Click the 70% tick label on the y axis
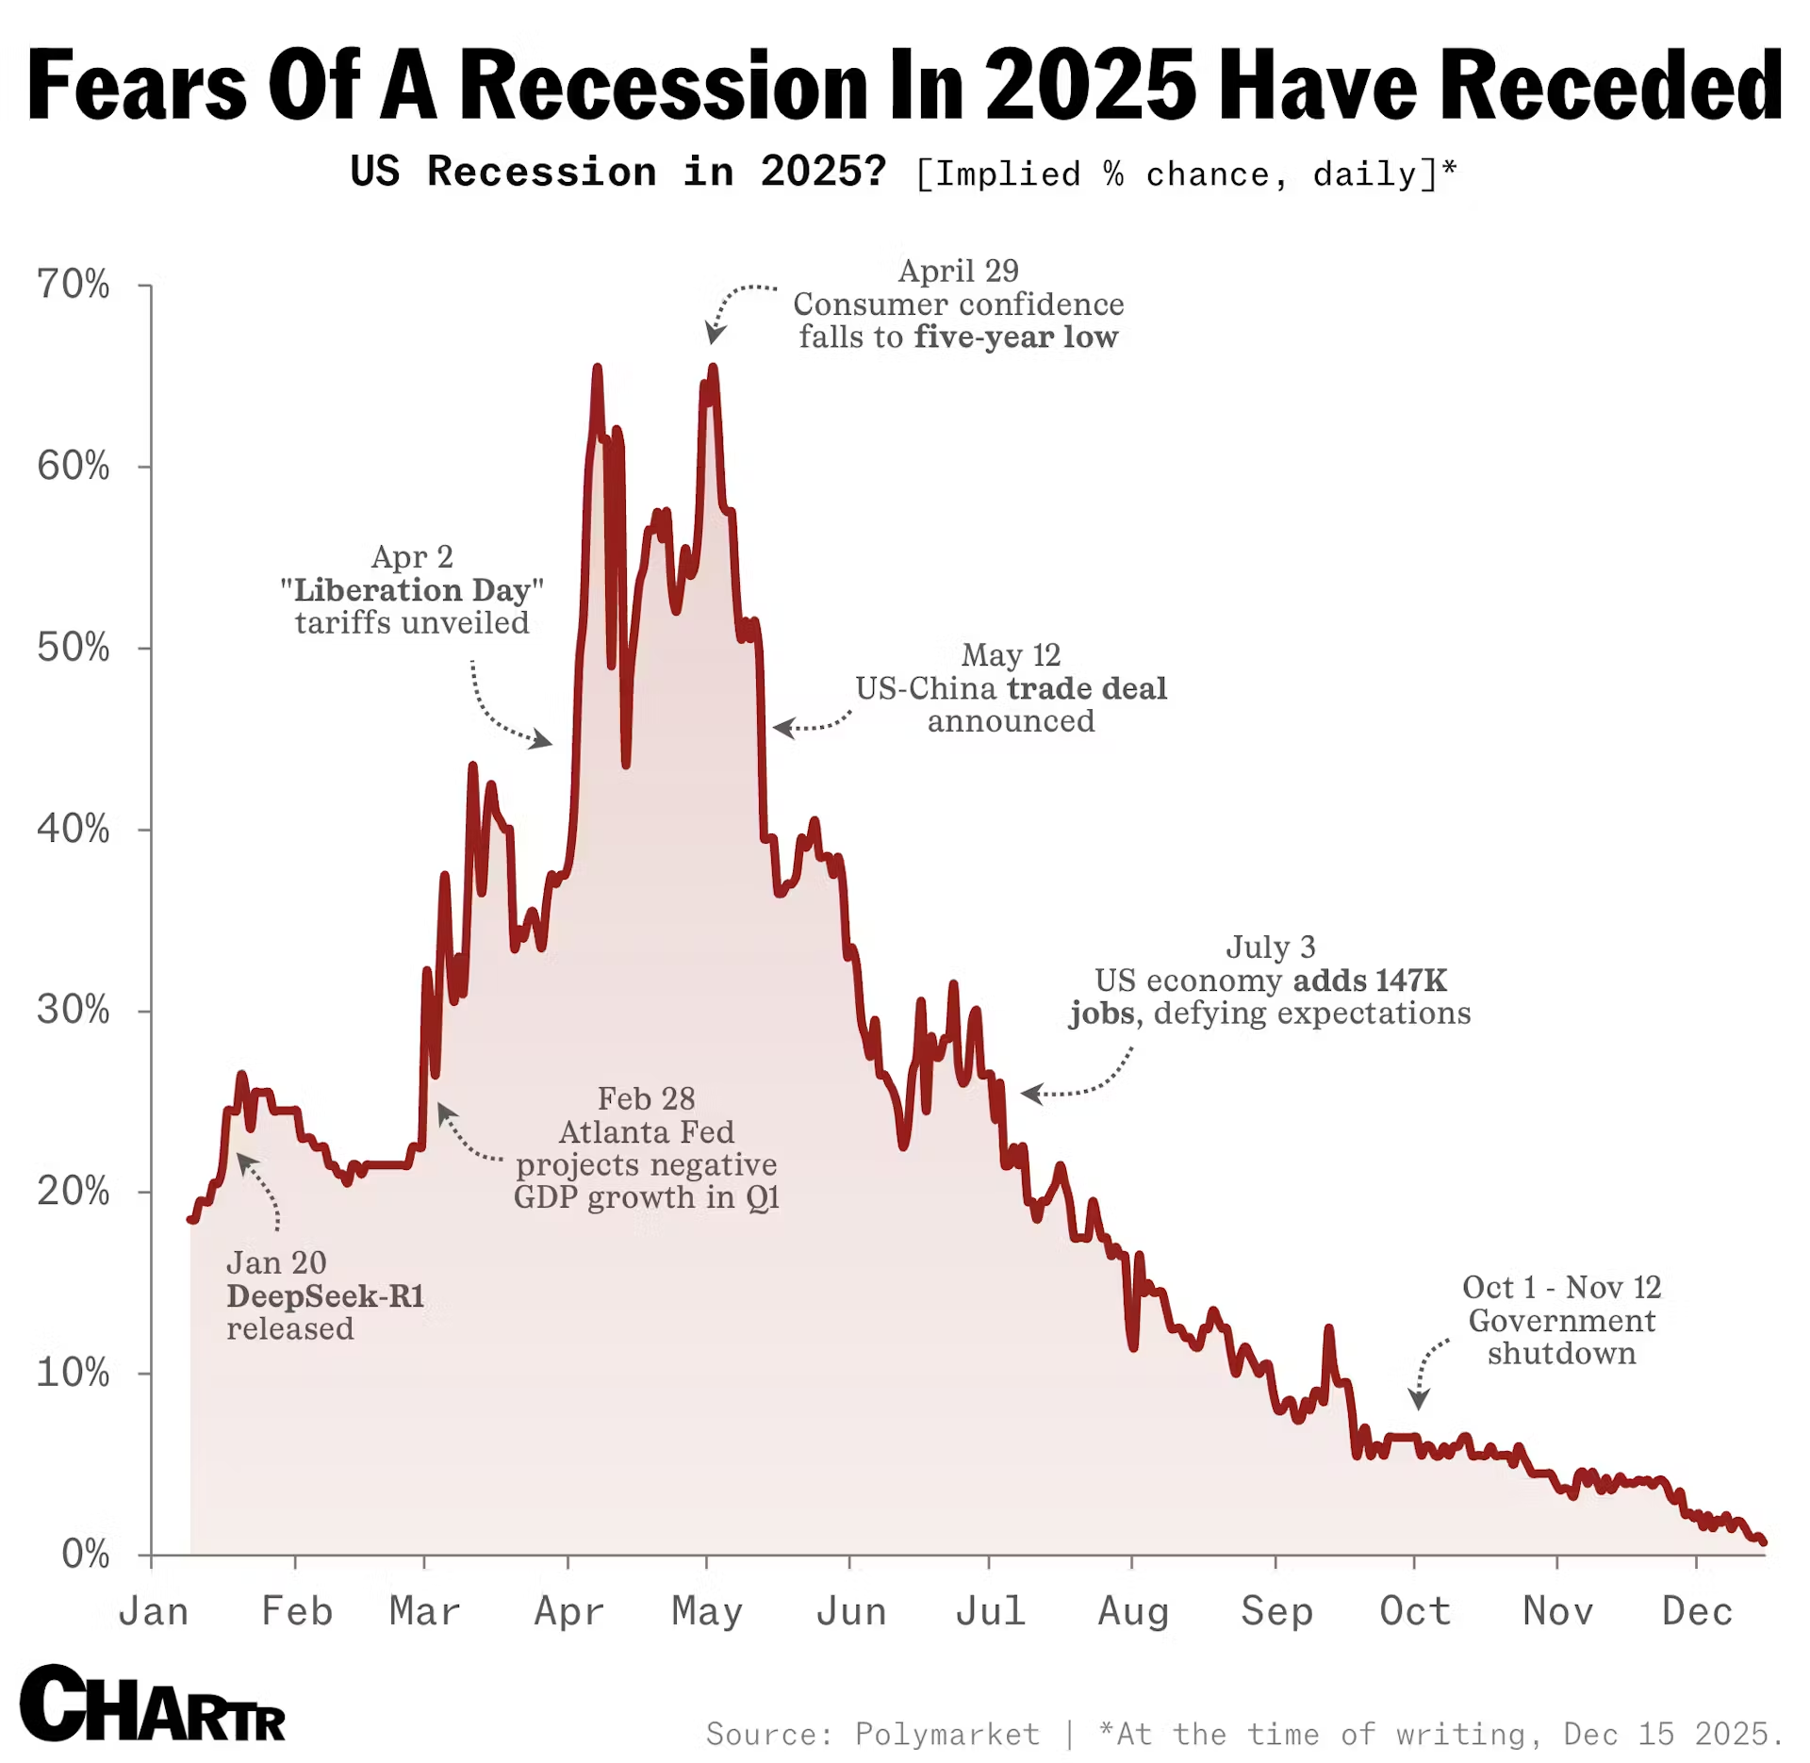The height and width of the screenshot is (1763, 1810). tap(73, 285)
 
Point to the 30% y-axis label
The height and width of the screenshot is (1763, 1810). tap(73, 1010)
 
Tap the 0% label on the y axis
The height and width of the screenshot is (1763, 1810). tap(85, 1554)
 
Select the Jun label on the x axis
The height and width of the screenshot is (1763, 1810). tap(850, 1611)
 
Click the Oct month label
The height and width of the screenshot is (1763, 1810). tap(1414, 1611)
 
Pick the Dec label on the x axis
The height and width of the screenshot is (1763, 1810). tap(1697, 1611)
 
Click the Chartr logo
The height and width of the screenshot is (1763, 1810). tap(152, 1705)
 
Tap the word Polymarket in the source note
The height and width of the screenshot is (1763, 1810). tap(946, 1734)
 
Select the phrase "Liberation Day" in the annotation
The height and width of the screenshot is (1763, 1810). tap(412, 590)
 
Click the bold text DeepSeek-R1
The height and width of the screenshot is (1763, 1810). tap(325, 1295)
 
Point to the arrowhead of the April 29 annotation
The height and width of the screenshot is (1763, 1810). tap(715, 336)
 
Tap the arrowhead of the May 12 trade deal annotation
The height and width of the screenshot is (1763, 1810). tap(781, 728)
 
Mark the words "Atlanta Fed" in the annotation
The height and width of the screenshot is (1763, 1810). tap(646, 1131)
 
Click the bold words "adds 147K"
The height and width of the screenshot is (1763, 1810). tap(1370, 980)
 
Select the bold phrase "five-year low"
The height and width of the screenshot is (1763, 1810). tap(1016, 337)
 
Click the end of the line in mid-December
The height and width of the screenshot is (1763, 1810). tap(1763, 1542)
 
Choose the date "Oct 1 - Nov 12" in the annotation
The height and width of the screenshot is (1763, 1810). tap(1561, 1287)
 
